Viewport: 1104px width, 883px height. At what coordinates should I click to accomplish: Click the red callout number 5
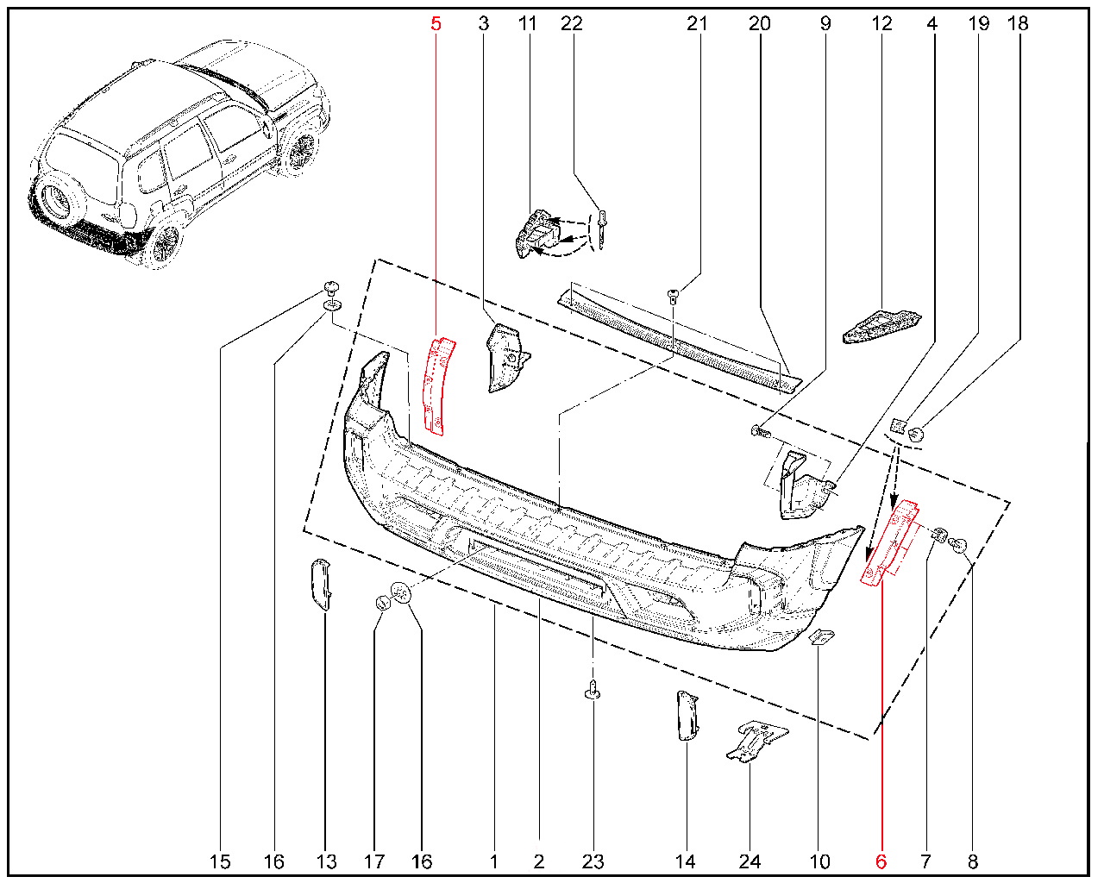[x=436, y=23]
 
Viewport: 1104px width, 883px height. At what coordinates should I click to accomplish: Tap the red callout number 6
[x=881, y=861]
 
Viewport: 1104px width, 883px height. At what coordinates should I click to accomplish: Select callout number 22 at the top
[x=572, y=23]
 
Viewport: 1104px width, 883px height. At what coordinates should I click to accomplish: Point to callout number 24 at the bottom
[x=750, y=861]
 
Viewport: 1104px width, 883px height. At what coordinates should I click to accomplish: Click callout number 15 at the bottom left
[x=220, y=861]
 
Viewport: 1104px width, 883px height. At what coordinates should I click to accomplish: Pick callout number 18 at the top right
[x=1018, y=23]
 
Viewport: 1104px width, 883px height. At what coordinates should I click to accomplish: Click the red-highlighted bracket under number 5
[x=437, y=385]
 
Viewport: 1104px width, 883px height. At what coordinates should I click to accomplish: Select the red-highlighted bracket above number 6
[x=889, y=543]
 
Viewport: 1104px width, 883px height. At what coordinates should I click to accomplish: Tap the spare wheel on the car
[x=55, y=199]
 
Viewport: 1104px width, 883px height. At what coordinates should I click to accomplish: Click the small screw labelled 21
[x=673, y=296]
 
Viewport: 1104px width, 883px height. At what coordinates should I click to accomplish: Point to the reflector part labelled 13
[x=321, y=585]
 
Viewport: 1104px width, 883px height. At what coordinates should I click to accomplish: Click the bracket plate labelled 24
[x=756, y=741]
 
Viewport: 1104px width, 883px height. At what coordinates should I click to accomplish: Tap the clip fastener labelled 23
[x=593, y=689]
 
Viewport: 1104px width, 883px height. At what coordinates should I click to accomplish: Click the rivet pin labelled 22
[x=602, y=229]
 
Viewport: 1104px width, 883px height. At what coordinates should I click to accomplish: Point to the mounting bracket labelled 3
[x=508, y=358]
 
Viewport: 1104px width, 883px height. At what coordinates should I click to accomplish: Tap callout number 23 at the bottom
[x=593, y=861]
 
